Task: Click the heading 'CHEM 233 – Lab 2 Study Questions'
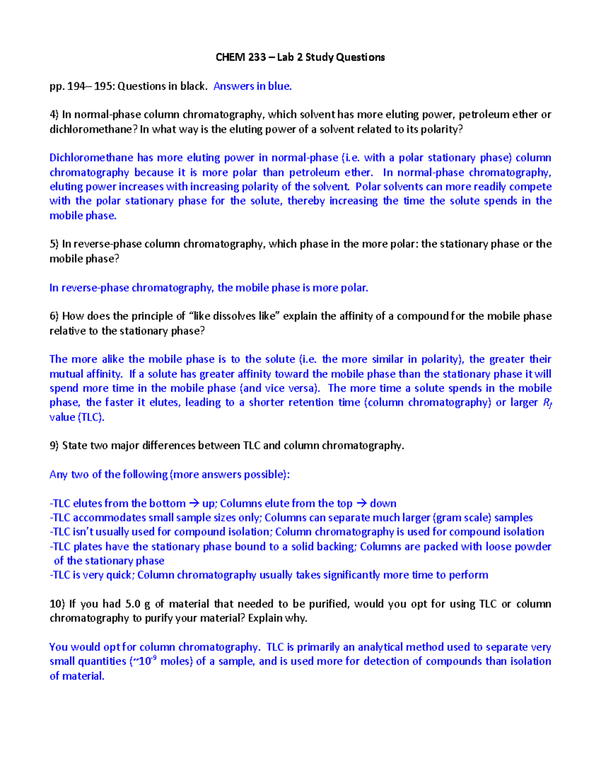tap(300, 57)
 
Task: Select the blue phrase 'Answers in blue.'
tap(252, 86)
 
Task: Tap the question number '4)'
tap(54, 115)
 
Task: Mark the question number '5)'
tap(54, 244)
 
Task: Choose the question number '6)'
tap(54, 316)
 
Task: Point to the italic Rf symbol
tap(547, 403)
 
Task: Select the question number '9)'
tap(54, 446)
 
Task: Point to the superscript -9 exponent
tap(154, 658)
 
